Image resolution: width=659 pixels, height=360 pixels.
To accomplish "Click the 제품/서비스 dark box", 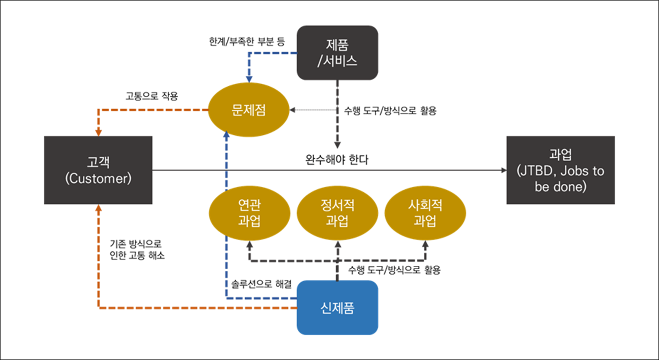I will [337, 53].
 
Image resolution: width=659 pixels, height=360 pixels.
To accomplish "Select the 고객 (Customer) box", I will [98, 170].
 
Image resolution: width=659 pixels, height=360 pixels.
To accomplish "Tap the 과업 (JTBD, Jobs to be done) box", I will [560, 170].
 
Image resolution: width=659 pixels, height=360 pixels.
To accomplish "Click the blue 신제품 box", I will [337, 307].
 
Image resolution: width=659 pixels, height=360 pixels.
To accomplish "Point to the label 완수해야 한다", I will [337, 160].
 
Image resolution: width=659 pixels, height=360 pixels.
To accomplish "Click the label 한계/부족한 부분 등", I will [247, 42].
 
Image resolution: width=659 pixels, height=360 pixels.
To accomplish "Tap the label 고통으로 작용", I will [151, 95].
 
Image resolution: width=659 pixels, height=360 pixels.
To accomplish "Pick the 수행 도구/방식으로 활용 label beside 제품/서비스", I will [390, 111].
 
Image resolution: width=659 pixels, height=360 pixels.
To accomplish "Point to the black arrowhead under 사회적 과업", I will [425, 244].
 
